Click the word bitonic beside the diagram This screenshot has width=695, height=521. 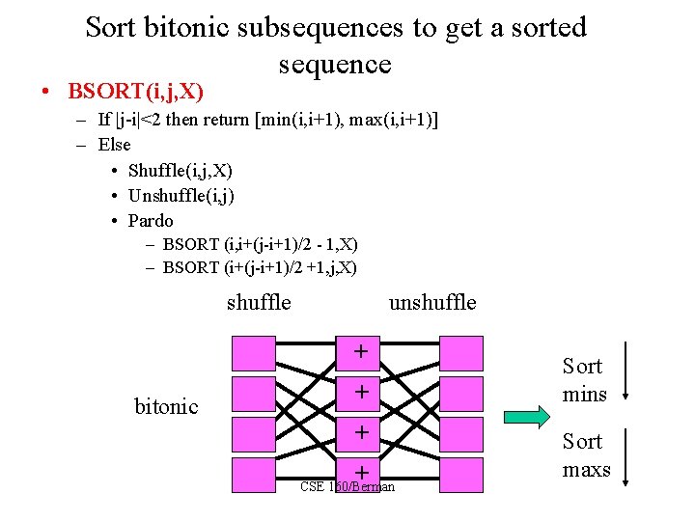point(166,406)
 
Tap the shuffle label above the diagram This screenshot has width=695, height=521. point(259,302)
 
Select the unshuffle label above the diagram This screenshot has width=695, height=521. point(431,302)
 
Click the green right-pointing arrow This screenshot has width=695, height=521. point(527,417)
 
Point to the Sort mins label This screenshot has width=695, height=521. point(584,380)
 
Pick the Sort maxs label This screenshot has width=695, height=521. point(586,455)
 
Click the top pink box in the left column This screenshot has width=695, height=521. point(253,353)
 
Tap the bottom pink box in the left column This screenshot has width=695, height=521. point(253,474)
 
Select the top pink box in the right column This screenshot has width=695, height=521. point(461,353)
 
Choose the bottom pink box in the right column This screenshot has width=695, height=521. point(461,474)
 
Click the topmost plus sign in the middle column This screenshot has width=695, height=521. point(360,352)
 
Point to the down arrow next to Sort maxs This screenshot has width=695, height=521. point(627,458)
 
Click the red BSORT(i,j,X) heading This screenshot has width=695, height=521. point(135,92)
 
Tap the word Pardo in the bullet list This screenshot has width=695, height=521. point(151,220)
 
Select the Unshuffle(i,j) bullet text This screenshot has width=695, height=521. point(181,195)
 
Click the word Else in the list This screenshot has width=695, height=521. point(115,145)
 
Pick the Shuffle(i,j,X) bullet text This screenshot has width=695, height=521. point(180,170)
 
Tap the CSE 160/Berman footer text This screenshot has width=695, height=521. point(347,486)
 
